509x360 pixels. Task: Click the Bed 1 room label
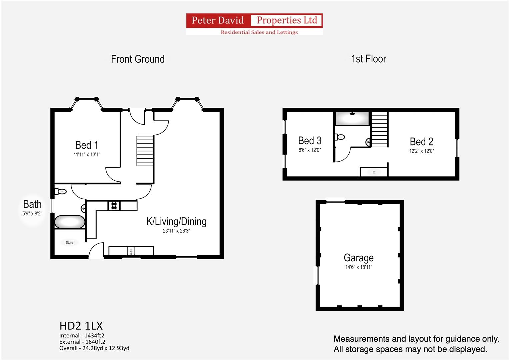click(87, 145)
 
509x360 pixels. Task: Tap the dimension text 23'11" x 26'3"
click(176, 231)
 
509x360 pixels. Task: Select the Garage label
click(359, 258)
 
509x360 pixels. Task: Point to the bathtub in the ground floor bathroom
click(70, 222)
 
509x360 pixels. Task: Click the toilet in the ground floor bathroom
click(60, 192)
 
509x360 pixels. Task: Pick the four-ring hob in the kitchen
click(114, 206)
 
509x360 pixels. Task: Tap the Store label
click(70, 243)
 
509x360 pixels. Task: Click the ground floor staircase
click(145, 151)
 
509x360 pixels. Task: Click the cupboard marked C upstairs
click(374, 172)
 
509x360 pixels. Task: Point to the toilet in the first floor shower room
click(340, 137)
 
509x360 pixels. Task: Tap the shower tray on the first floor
click(352, 118)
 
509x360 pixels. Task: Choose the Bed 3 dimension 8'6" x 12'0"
click(310, 150)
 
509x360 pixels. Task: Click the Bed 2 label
click(422, 142)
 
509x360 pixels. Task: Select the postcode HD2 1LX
click(81, 326)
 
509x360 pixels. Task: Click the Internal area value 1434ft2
click(94, 335)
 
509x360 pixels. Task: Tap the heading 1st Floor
click(369, 59)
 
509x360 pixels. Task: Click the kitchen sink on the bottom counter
click(131, 251)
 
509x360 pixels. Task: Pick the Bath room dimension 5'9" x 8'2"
click(32, 214)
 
